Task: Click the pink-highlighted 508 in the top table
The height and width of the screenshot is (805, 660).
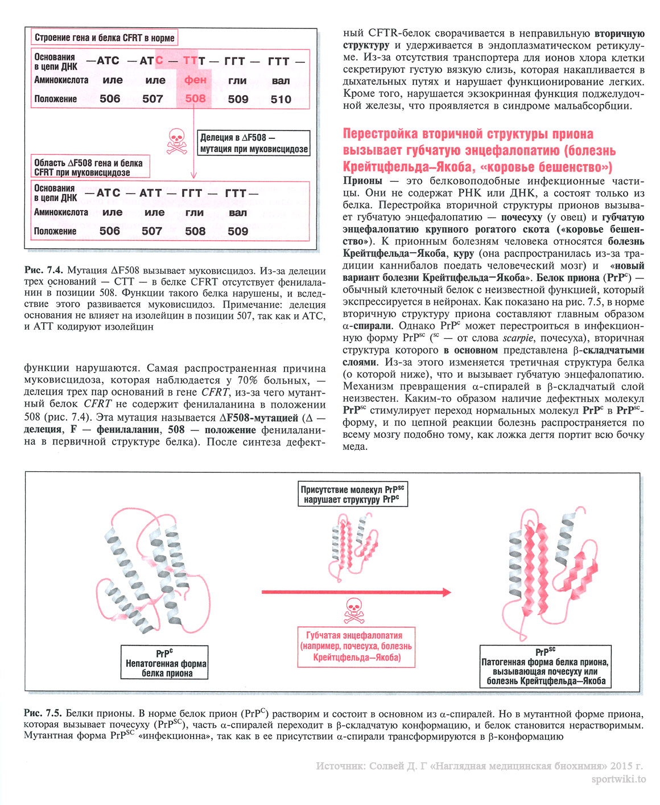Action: [195, 98]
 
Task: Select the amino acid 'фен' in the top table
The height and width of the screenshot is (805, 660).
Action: [195, 80]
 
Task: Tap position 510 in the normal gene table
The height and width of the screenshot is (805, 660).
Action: [281, 99]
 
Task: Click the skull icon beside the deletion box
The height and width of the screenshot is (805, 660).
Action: [177, 142]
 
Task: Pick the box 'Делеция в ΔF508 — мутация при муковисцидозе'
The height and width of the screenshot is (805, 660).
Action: [254, 143]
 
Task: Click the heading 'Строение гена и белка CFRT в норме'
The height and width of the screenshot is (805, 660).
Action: [104, 38]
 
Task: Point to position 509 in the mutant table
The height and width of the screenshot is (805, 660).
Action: [238, 231]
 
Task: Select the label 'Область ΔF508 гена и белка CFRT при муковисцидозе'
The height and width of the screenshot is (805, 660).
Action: [90, 167]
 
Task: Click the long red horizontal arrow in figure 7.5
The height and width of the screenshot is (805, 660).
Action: [356, 592]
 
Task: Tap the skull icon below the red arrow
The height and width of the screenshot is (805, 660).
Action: [354, 610]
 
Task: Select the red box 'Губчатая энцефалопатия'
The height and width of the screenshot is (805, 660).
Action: [357, 646]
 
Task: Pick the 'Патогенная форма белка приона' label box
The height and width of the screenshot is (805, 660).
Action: [546, 667]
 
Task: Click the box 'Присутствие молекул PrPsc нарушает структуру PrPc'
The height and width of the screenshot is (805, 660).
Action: [353, 494]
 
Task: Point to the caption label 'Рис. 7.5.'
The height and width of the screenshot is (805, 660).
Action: [43, 713]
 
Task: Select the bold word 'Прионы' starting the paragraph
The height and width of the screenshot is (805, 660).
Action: [362, 181]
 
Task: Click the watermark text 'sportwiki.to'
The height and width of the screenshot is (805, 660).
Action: [618, 779]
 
